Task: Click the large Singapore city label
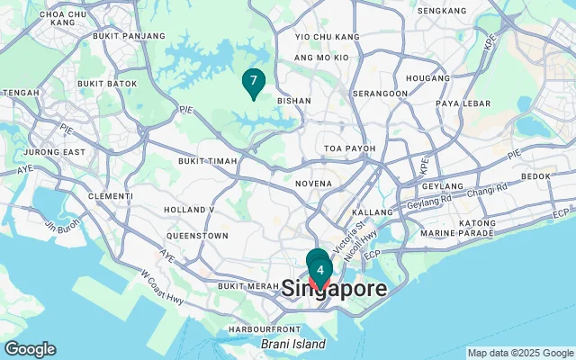tap(335, 290)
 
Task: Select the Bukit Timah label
tap(207, 161)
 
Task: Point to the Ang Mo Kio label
tap(321, 57)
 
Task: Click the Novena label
tap(313, 184)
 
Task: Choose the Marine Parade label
tap(456, 235)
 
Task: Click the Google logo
tap(30, 349)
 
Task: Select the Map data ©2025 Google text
tap(519, 353)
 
